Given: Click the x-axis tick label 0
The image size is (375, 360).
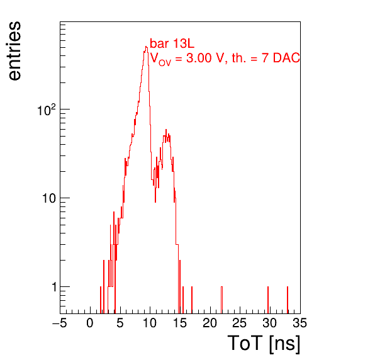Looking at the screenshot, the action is [90, 323].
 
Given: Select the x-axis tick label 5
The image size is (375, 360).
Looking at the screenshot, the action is [120, 323].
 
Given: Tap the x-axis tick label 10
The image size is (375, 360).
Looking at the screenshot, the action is [150, 323].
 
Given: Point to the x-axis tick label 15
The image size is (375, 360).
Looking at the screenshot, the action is [180, 323].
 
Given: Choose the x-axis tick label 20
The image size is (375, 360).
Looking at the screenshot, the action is [210, 323].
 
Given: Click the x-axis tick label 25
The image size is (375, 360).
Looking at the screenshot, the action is [240, 323].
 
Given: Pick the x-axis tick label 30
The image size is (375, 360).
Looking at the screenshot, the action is [270, 323].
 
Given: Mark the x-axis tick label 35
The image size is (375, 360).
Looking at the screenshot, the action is [300, 323].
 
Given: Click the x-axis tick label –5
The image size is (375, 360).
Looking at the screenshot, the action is [60, 323].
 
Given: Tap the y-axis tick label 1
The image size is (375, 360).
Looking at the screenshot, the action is [54, 287].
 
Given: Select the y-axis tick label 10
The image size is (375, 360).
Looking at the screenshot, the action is [50, 198].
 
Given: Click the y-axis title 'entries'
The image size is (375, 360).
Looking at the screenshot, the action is [15, 51].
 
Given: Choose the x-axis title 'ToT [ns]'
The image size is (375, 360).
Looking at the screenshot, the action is [264, 344].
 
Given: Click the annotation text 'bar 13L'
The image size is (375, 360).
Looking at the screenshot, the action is [172, 43].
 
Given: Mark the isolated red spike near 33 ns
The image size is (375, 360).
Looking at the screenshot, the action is [288, 300].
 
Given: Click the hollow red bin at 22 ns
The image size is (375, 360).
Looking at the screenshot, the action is [221, 300].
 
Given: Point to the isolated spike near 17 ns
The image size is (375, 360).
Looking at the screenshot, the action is [192, 300].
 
